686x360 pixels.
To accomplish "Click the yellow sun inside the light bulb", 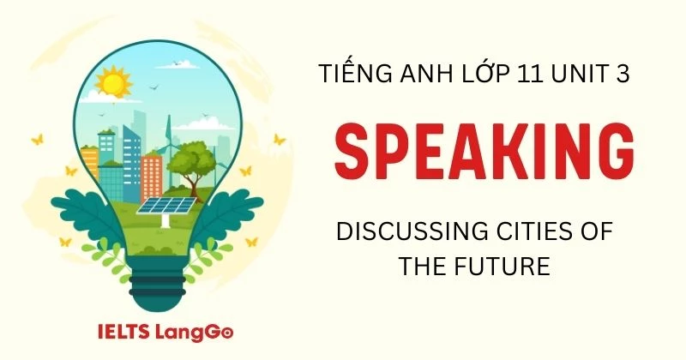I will point(111,84).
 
